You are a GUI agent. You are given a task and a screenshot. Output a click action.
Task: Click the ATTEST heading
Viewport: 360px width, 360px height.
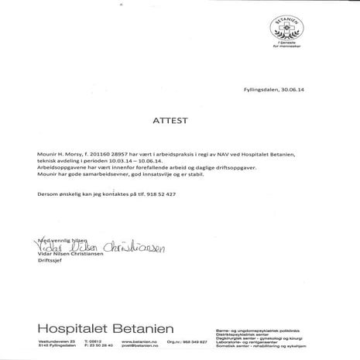(180, 122)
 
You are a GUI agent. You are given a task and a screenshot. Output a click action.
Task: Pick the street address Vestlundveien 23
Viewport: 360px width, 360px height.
(55, 341)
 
